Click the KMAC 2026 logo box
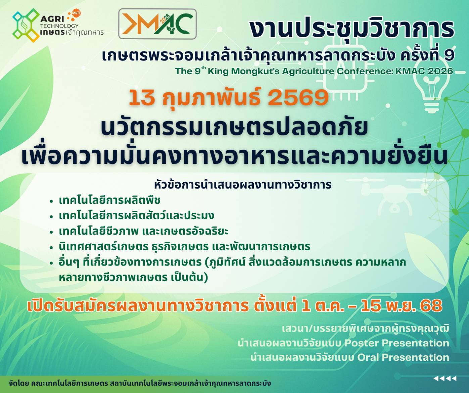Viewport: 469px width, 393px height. (157, 24)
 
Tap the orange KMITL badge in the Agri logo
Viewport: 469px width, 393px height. (76, 13)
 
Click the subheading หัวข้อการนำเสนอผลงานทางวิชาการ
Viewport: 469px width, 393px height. (243, 185)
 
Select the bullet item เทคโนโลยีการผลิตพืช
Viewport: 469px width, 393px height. (110, 200)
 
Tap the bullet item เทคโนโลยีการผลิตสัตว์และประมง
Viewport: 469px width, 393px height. (137, 215)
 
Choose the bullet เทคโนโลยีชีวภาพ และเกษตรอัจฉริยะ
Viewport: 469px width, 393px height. (144, 231)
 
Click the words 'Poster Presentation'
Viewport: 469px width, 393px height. (397, 343)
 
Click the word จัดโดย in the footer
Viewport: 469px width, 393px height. (19, 383)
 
